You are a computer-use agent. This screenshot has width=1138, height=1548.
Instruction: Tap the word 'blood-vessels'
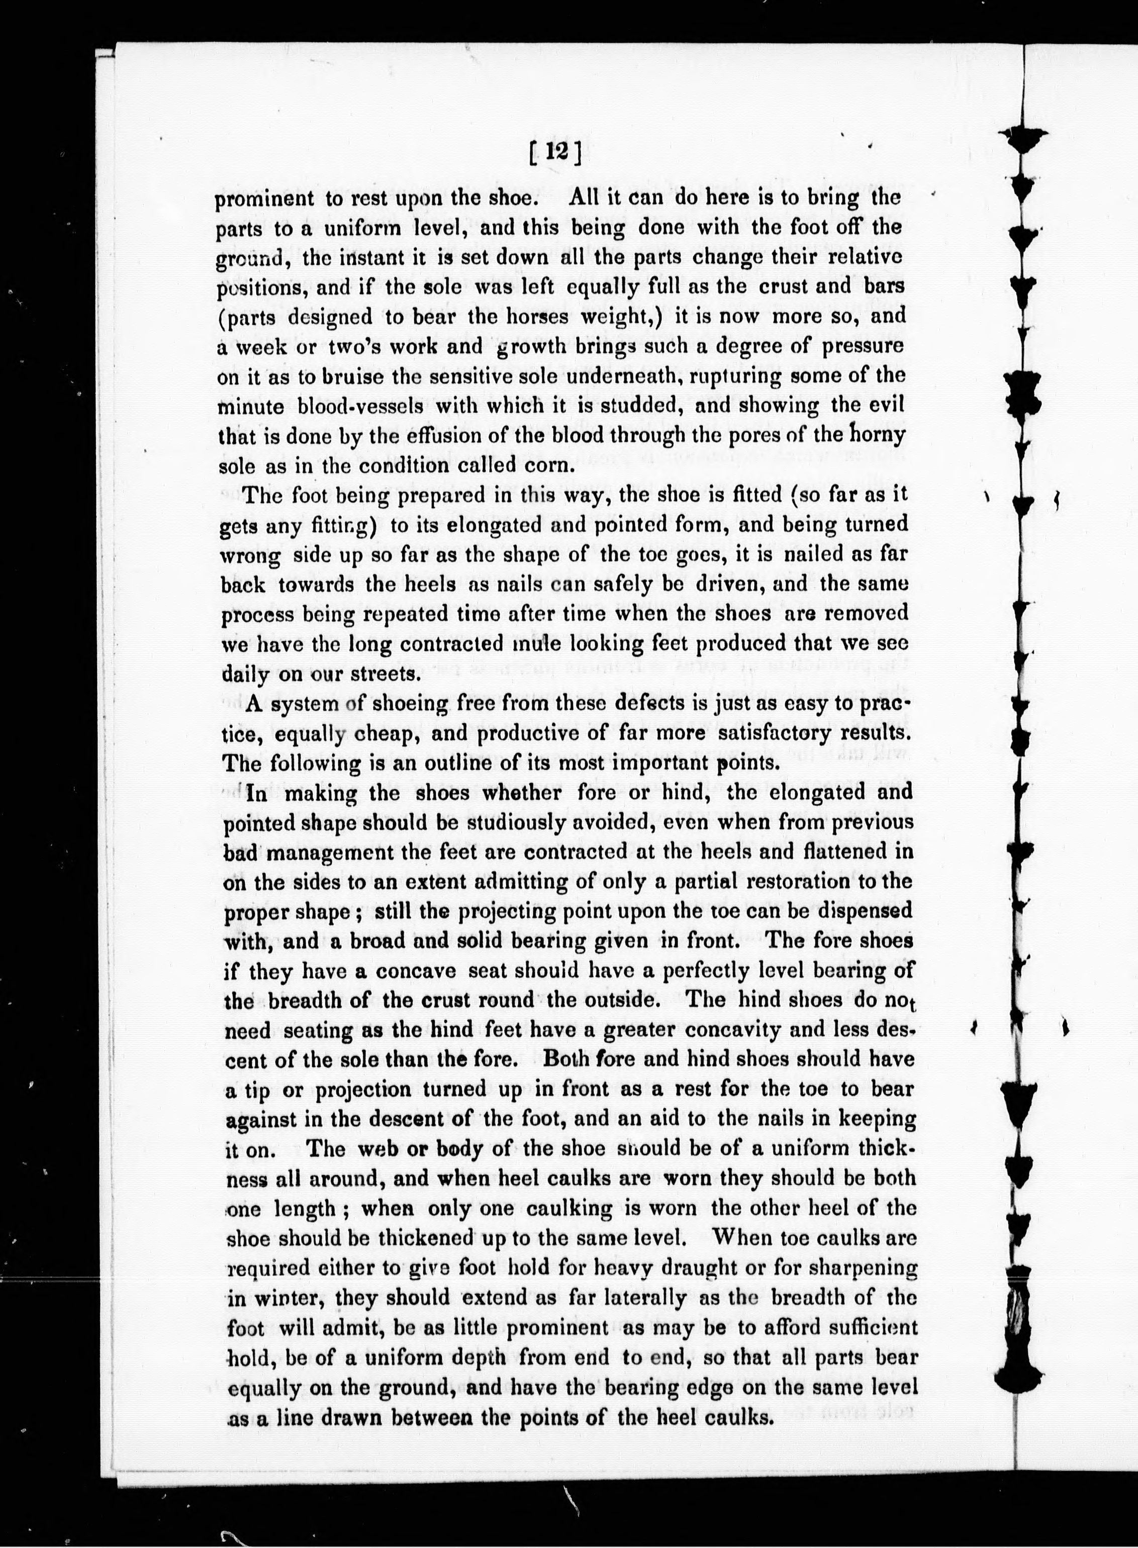click(x=344, y=407)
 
